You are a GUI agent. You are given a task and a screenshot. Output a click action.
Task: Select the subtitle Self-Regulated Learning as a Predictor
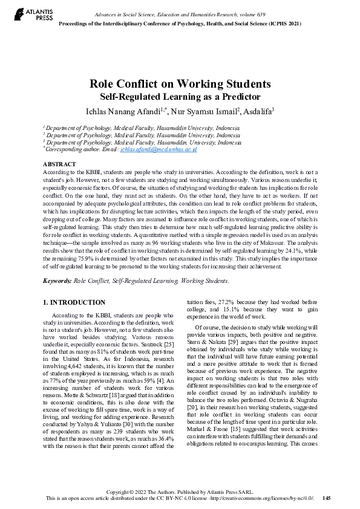[x=180, y=96]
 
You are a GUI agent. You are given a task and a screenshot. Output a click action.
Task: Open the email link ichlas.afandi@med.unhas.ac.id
[x=167, y=149]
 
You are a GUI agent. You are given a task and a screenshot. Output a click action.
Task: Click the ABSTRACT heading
[x=59, y=164]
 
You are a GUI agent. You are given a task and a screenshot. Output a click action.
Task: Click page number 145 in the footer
[x=327, y=498]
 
